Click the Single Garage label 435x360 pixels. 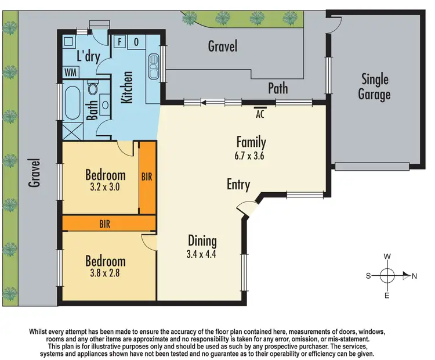pos(374,87)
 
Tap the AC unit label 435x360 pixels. pos(260,113)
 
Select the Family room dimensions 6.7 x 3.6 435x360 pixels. pos(251,155)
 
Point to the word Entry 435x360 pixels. pos(238,185)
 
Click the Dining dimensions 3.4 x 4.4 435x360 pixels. pos(202,254)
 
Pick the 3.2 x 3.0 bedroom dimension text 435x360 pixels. pos(106,188)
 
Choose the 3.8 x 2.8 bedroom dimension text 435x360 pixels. pos(105,272)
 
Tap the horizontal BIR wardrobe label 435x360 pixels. pos(105,223)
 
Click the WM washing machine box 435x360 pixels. pos(70,72)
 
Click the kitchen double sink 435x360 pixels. pos(154,66)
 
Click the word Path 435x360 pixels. pos(278,89)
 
